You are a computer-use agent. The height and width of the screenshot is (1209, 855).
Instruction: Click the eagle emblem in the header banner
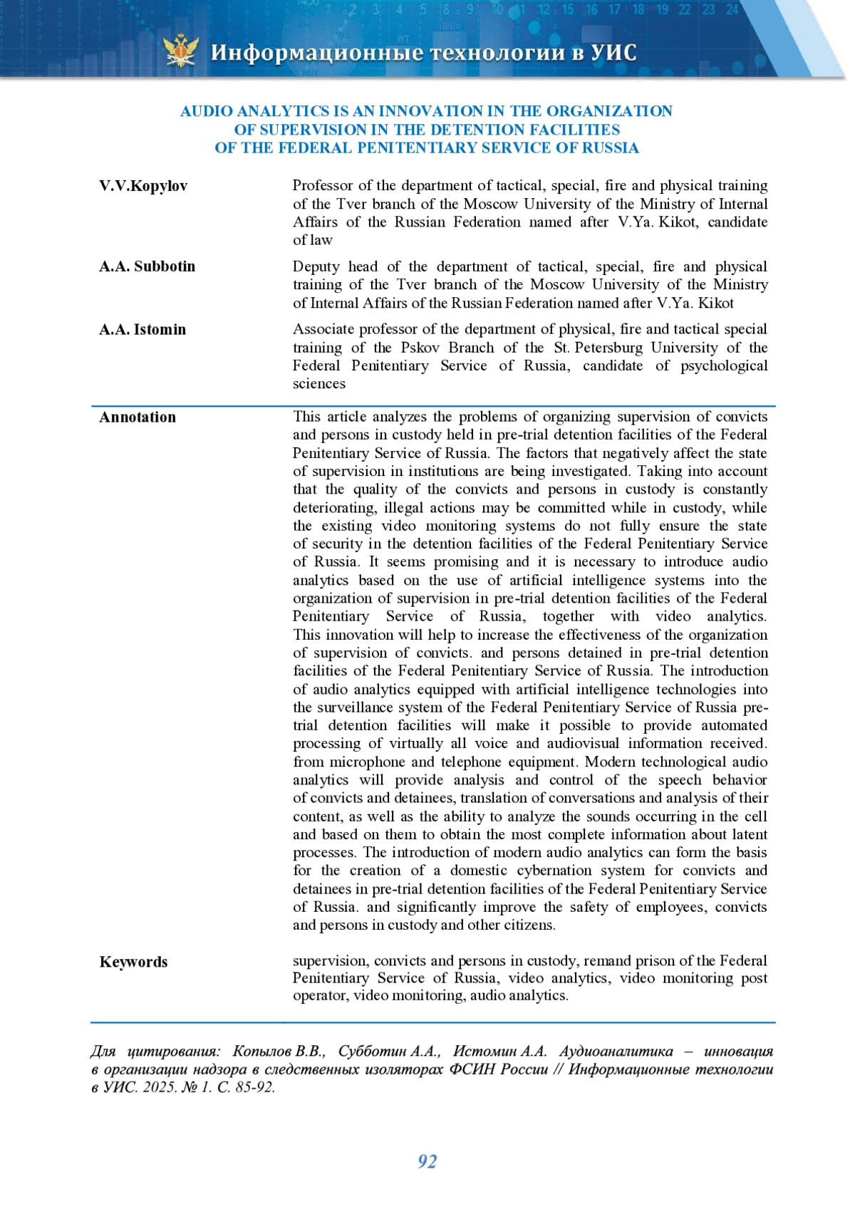point(181,51)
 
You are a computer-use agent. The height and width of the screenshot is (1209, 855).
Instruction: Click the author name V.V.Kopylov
point(143,186)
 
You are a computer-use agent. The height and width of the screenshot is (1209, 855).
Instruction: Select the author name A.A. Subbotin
point(147,266)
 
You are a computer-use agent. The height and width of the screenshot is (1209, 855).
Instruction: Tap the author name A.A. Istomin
point(142,329)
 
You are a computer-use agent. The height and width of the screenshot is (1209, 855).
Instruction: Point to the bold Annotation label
point(138,417)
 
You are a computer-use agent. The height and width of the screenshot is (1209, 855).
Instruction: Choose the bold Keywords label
point(133,962)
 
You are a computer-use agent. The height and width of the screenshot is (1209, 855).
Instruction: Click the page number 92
point(427,1161)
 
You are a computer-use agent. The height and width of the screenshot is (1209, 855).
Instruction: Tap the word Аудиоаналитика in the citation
point(616,1052)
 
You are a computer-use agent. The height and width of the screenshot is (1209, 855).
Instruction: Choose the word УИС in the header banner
point(613,53)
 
